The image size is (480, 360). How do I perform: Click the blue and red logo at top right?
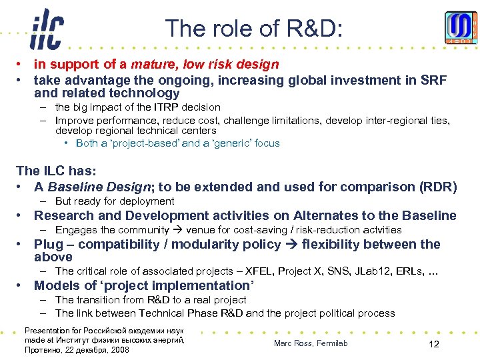(461, 28)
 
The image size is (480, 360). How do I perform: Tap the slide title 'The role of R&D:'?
(253, 28)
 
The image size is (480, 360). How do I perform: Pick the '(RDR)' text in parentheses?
(438, 187)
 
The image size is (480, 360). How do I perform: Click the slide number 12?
(433, 343)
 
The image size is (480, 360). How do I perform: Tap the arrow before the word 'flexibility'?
(291, 244)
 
